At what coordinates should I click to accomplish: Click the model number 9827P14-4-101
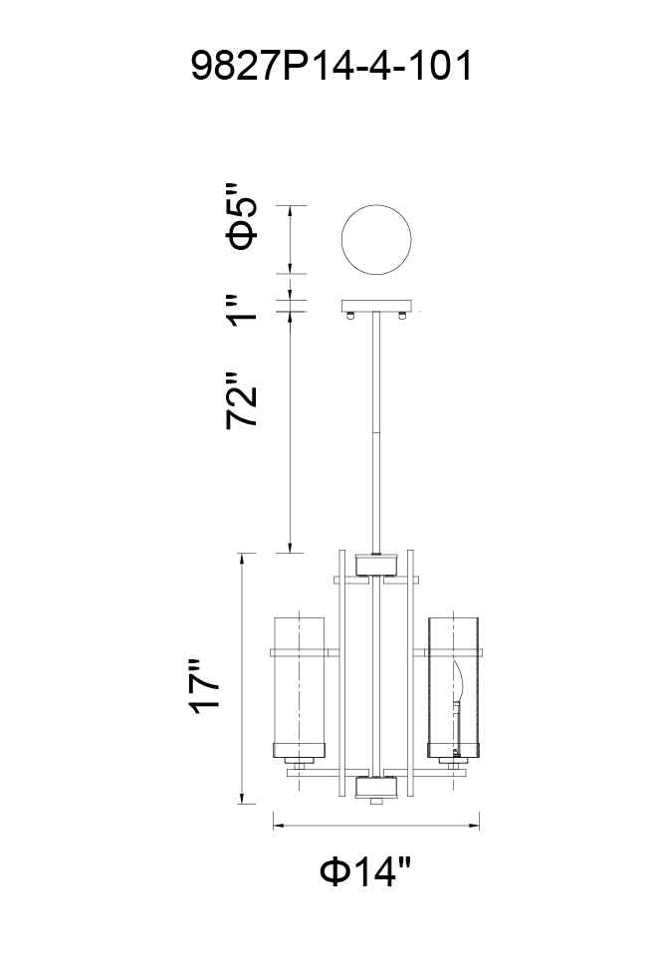(x=332, y=66)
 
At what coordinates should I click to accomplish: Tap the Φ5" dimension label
(x=240, y=216)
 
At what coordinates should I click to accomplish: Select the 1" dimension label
(x=240, y=309)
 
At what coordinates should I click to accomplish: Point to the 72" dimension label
(x=240, y=400)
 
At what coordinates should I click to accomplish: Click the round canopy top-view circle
(x=376, y=240)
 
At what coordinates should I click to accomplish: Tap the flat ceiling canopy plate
(x=376, y=306)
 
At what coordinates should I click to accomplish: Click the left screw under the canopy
(x=350, y=316)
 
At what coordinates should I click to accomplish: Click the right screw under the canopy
(x=403, y=316)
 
